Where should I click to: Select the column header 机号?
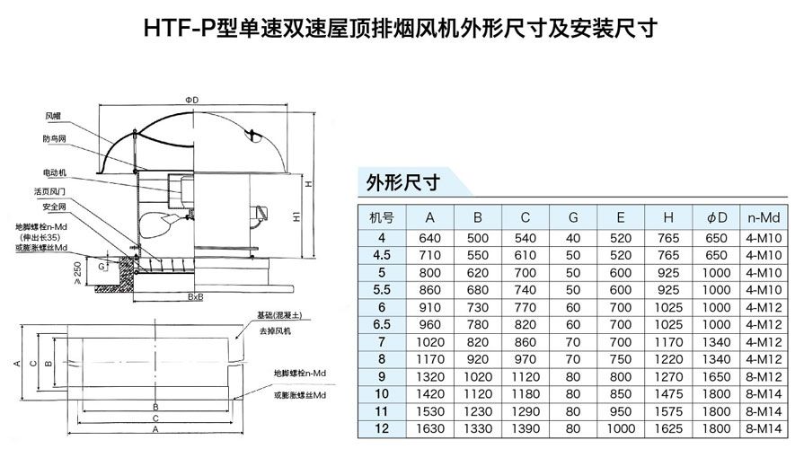[x=382, y=217]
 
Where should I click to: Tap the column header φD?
[x=716, y=217]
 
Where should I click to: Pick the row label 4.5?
[x=382, y=255]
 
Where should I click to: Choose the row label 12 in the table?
[x=382, y=428]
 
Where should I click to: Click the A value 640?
[x=430, y=238]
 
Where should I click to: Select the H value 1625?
[x=668, y=428]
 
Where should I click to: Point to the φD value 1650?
[x=716, y=376]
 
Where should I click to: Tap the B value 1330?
[x=478, y=428]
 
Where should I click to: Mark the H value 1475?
[x=668, y=393]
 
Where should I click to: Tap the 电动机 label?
[x=55, y=172]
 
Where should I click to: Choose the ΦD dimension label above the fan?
[x=191, y=98]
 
